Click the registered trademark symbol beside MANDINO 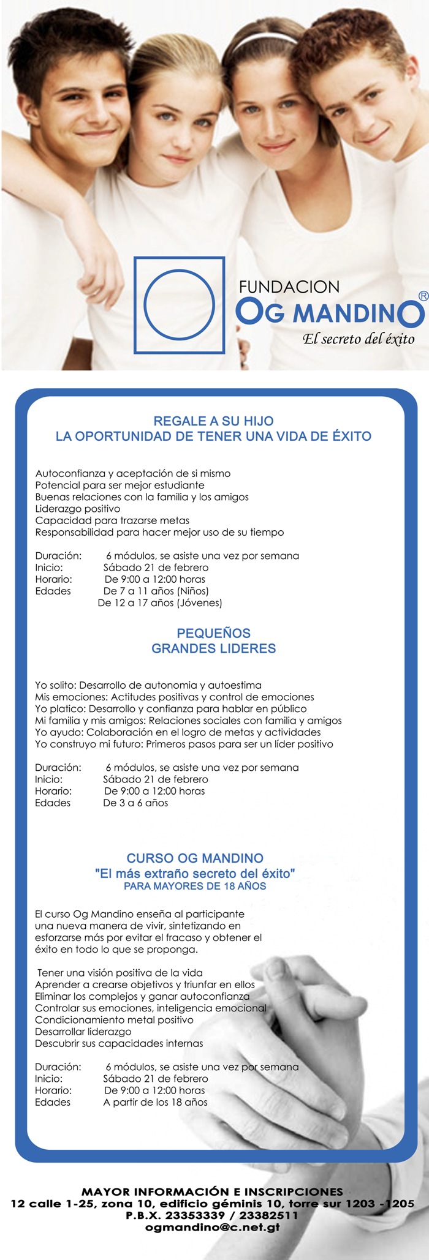coord(422,296)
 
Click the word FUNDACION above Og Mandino coord(289,287)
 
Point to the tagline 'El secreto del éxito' coord(358,339)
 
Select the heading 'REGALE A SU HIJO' coord(213,421)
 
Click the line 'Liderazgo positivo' coord(78,509)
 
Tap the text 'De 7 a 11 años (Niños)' coord(156,591)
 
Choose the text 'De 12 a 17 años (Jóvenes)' coord(160,603)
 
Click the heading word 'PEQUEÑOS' coord(213,633)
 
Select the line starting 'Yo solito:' coord(148,685)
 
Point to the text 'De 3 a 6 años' coord(135,803)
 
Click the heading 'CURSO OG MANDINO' coord(195,858)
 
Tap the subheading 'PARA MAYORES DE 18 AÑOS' coord(195,886)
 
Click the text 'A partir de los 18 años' coord(155,1102)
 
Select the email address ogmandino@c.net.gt coord(213,1227)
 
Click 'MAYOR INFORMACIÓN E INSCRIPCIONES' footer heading coord(212,1191)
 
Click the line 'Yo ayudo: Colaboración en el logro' coord(178,732)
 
